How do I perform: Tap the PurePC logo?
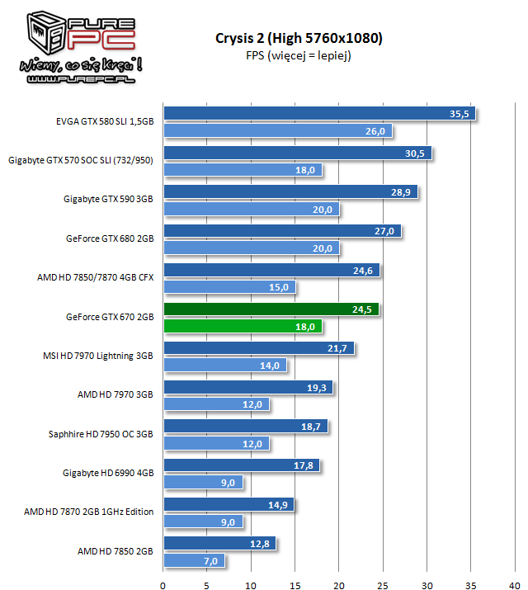[x=73, y=46]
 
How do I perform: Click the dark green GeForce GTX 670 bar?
[x=271, y=309]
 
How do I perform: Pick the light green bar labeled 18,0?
[x=243, y=326]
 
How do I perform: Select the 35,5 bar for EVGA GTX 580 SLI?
[x=319, y=114]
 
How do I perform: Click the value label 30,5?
[x=415, y=153]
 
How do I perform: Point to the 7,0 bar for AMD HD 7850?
[x=194, y=560]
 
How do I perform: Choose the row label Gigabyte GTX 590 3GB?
[x=108, y=199]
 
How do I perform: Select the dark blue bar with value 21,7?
[x=259, y=348]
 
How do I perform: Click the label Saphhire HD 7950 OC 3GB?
[x=101, y=433]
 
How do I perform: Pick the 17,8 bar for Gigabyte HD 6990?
[x=242, y=465]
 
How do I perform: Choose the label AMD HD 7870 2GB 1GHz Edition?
[x=89, y=512]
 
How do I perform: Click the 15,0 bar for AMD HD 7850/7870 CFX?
[x=229, y=287]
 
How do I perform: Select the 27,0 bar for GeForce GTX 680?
[x=282, y=231]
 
